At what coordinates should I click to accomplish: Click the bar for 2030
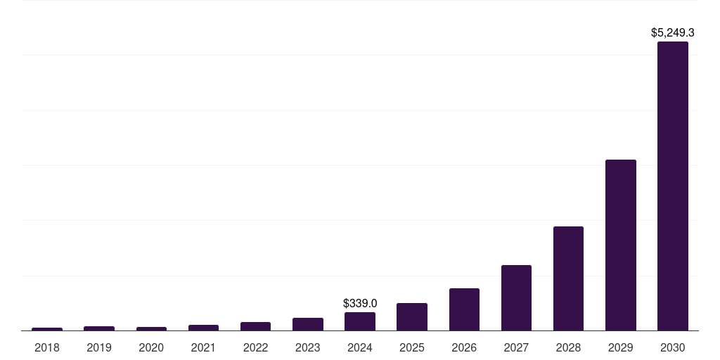[672, 186]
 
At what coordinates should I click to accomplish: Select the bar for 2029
[620, 245]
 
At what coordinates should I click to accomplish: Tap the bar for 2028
[568, 278]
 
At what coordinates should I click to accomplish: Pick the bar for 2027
[516, 298]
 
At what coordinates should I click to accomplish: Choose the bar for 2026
[464, 309]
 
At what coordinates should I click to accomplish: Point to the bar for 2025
[412, 317]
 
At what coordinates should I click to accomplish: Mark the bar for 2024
[360, 321]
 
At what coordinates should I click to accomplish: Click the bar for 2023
[308, 324]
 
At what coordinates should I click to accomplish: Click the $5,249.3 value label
[673, 32]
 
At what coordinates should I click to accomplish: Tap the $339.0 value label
[360, 303]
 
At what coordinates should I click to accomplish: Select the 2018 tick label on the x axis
[47, 347]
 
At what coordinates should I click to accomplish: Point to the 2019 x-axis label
[99, 347]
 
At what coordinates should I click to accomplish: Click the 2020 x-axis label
[151, 347]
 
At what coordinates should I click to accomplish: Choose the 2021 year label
[203, 347]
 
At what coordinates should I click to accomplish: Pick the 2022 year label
[255, 347]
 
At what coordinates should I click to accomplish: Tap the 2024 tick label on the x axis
[360, 347]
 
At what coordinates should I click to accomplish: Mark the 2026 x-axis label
[464, 347]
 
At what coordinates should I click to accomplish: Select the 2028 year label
[568, 347]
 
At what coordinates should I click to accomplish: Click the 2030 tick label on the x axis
[672, 347]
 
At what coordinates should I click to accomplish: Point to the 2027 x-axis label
[516, 347]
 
